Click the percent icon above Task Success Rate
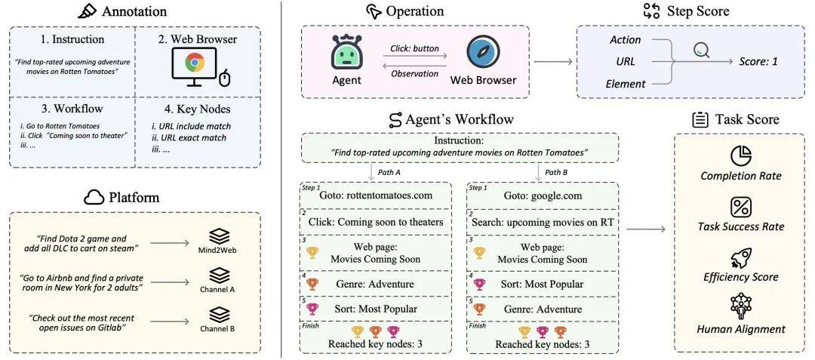(x=741, y=206)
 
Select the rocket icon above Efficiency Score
(x=741, y=257)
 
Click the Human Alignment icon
(x=741, y=307)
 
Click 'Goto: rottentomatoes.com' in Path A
(x=375, y=195)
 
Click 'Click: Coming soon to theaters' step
(x=375, y=223)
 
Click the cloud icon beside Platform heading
(x=94, y=197)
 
